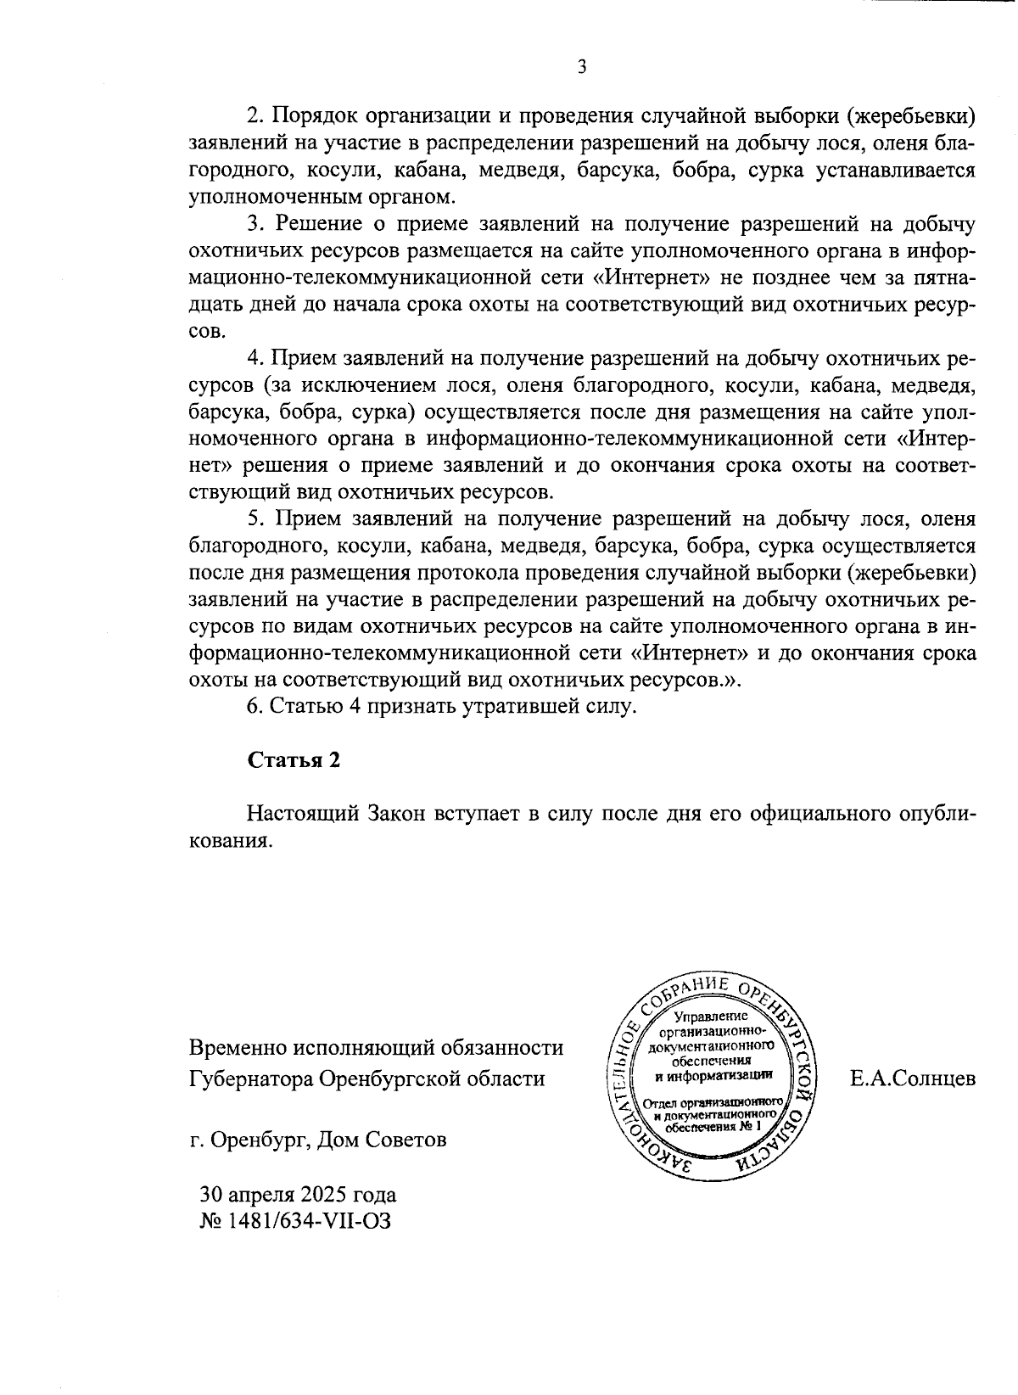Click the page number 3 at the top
pos(582,68)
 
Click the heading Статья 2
pos(294,759)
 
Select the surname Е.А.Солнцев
pos(913,1079)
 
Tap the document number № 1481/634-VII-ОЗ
pos(295,1221)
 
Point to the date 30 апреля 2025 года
pos(298,1195)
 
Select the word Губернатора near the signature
pos(250,1079)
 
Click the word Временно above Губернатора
pos(239,1048)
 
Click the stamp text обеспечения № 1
pos(713,1127)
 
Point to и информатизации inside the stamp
pos(713,1075)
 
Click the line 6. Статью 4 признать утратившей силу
pos(441,706)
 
